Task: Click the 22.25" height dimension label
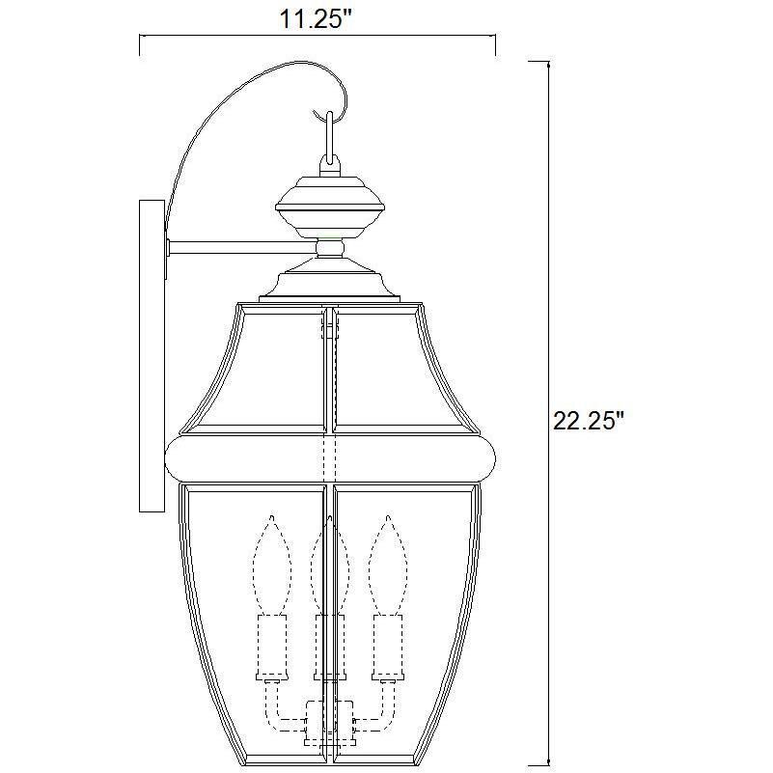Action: pyautogui.click(x=589, y=422)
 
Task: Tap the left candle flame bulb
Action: pyautogui.click(x=272, y=565)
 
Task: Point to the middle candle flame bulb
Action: pyautogui.click(x=330, y=569)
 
